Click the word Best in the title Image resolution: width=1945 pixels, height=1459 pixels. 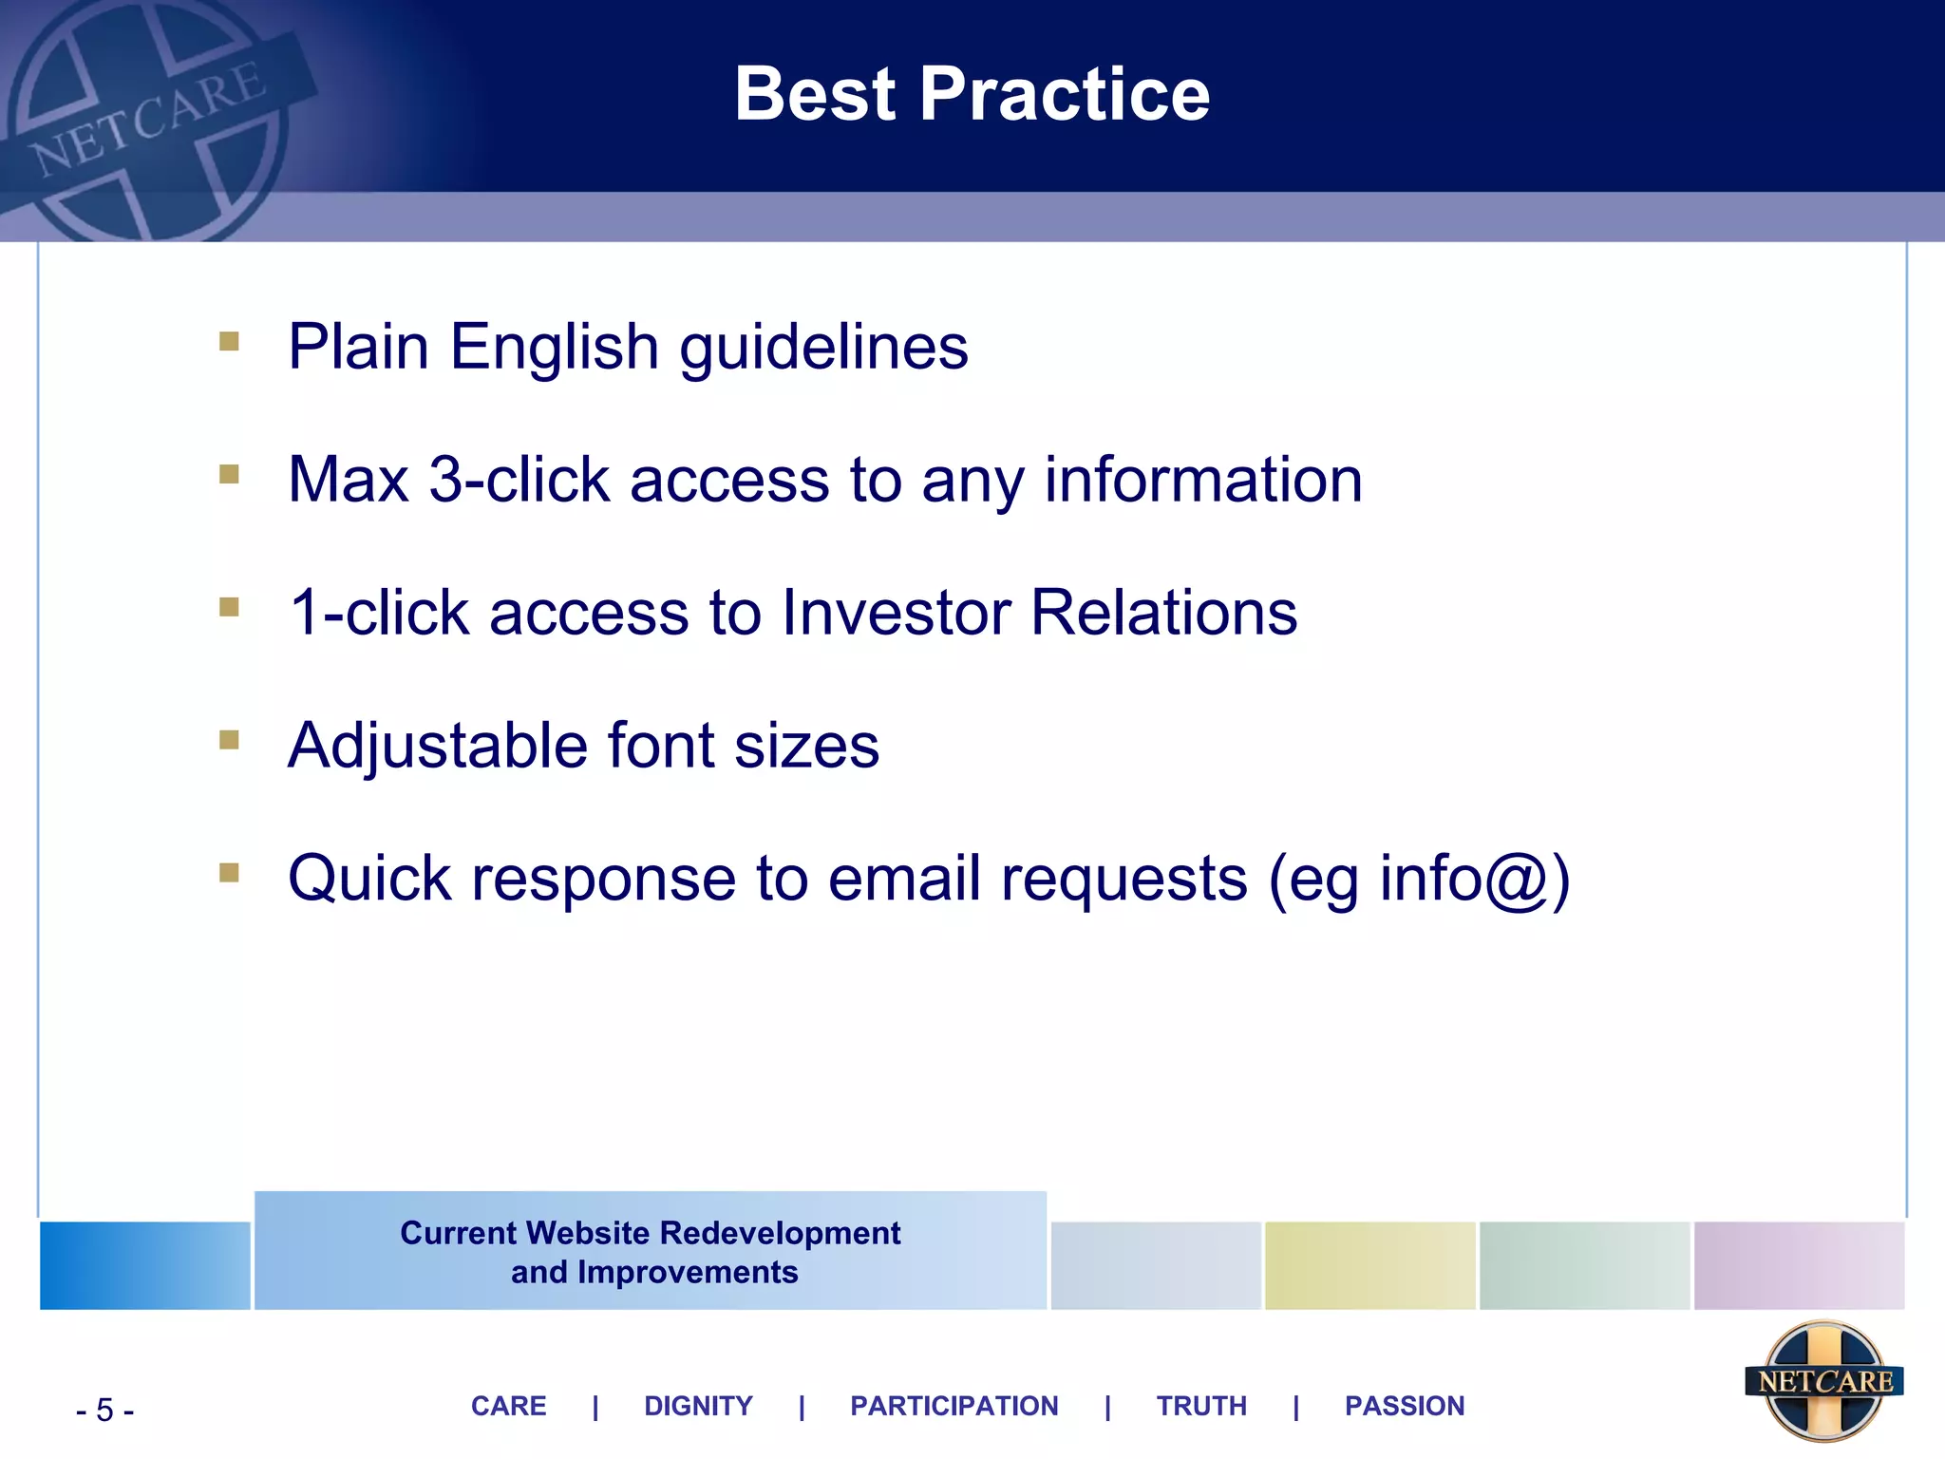point(815,95)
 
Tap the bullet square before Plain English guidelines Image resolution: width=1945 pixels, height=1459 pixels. point(229,340)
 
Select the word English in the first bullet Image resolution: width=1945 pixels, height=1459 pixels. point(554,347)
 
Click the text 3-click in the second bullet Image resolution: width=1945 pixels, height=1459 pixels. point(519,480)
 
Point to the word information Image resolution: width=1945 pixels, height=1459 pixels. point(1203,480)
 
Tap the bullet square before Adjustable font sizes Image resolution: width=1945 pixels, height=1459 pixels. point(229,739)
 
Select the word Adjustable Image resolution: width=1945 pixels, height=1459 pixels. point(437,747)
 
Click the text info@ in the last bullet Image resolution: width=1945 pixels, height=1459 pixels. point(1463,879)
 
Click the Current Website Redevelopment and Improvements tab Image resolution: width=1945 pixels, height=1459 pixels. point(651,1252)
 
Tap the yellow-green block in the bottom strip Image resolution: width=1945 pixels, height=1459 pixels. point(1369,1265)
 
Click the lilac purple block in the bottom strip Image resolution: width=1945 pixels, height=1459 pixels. point(1799,1265)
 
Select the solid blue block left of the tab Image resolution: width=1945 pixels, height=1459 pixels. point(144,1265)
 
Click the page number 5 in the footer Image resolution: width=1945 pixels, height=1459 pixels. point(104,1411)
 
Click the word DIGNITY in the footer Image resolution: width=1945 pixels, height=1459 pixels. point(698,1406)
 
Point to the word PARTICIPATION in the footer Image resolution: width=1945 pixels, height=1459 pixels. point(954,1406)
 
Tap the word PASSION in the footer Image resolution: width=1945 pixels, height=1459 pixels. point(1404,1406)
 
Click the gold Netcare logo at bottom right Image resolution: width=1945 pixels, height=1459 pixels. point(1823,1381)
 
